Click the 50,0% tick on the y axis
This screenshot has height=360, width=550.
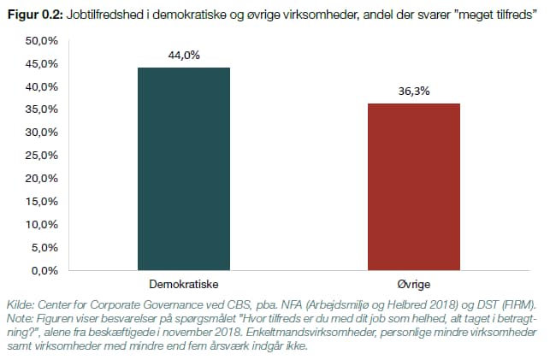tap(40, 41)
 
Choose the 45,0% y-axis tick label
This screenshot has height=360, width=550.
tap(40, 64)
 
